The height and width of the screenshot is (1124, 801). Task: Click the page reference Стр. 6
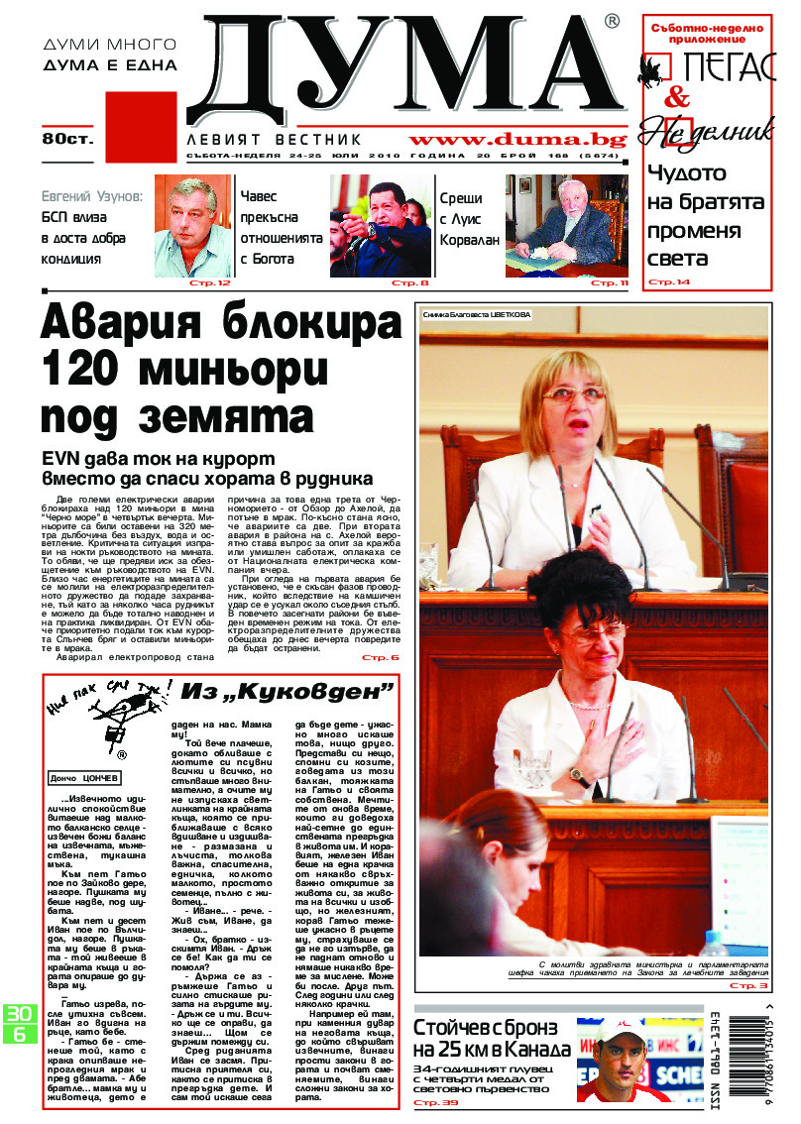[x=380, y=657]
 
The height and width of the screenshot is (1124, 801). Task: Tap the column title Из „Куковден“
[x=286, y=690]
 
